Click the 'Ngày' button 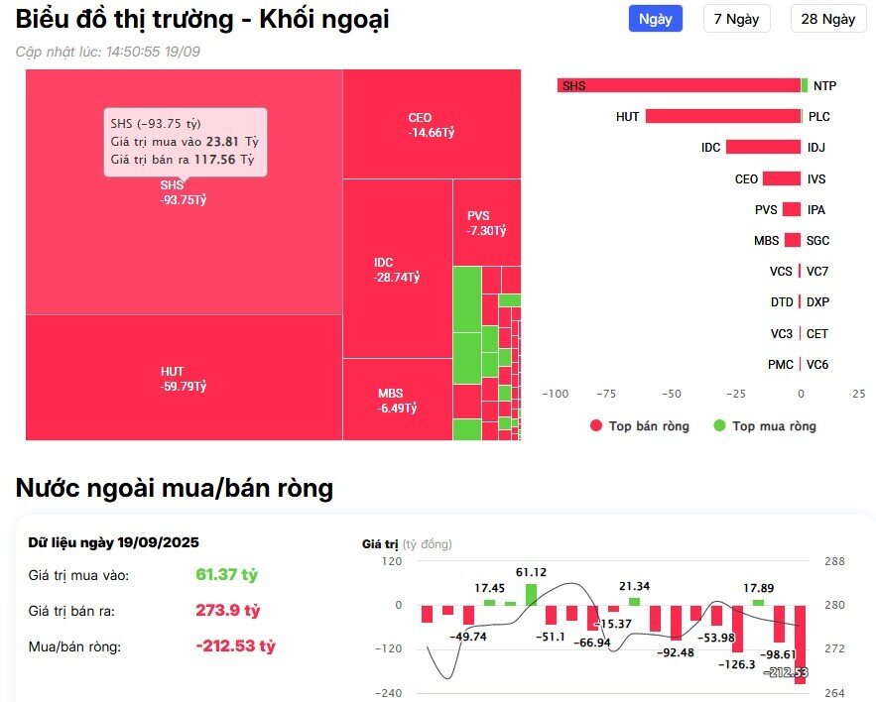[655, 19]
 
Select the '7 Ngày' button [736, 19]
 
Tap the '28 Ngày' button [827, 19]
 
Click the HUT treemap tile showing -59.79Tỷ [184, 378]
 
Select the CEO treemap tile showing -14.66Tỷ [432, 124]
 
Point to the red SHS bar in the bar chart [679, 85]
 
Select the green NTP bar [805, 85]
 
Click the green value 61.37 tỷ [226, 574]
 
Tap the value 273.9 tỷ [227, 610]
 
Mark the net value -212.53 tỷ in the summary [235, 645]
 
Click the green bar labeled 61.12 [531, 594]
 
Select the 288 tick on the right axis [834, 561]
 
